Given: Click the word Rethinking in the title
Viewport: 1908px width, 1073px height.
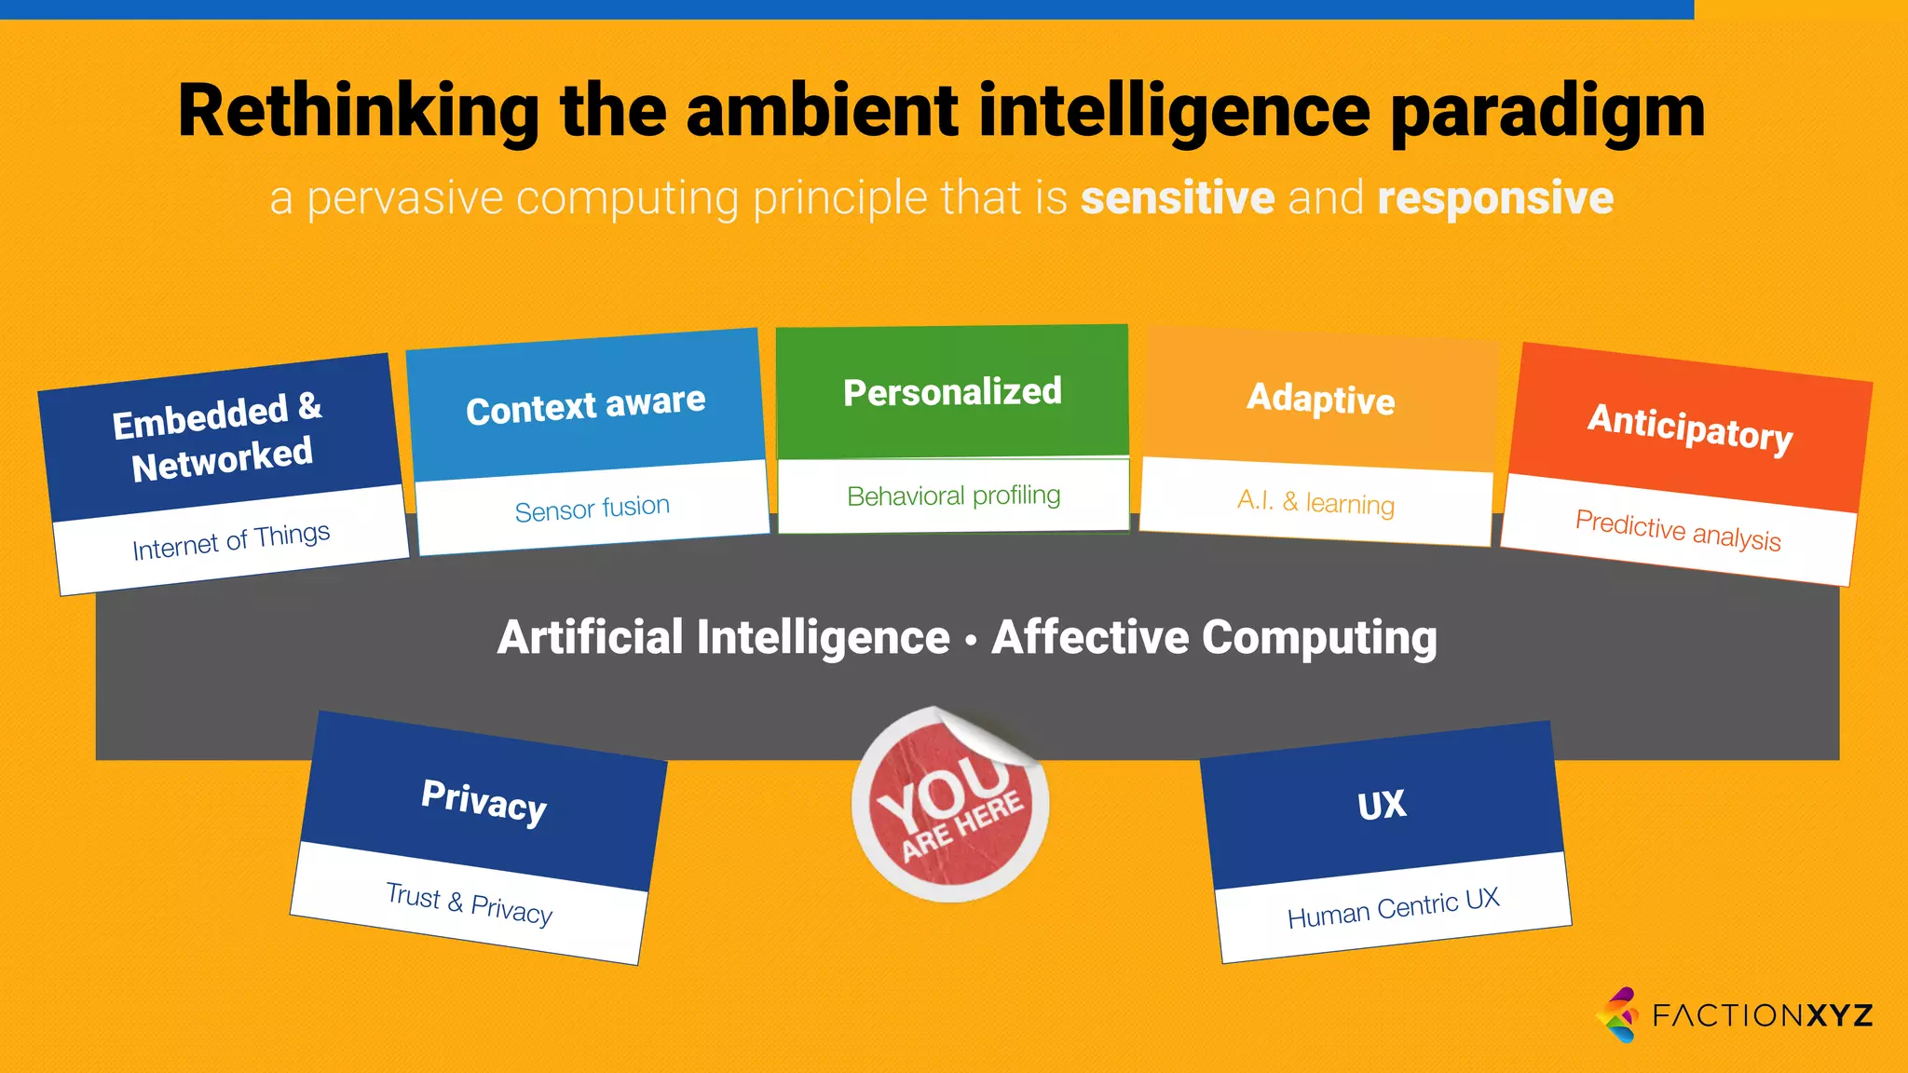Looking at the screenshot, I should click(359, 112).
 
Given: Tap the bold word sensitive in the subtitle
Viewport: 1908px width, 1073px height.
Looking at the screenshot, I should click(1177, 198).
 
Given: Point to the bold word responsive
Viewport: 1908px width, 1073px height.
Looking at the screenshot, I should click(1494, 198).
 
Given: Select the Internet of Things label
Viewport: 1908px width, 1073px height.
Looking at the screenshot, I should click(231, 541).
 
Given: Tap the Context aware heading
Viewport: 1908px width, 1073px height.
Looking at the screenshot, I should click(585, 406).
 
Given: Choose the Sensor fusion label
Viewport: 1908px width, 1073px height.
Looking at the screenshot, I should click(593, 509).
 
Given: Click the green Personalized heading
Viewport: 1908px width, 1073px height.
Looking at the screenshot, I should click(952, 392).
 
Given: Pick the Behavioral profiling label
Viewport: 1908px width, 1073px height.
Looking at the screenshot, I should click(953, 496).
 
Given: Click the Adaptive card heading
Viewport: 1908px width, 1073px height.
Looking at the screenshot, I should click(1320, 399).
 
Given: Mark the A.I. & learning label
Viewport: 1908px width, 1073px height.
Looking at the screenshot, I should click(1315, 503).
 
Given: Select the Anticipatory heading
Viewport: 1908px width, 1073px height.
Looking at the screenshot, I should click(1689, 428).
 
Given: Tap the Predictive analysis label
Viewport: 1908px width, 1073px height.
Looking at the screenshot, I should click(1677, 530).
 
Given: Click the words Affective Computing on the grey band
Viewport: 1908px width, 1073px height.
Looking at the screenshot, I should click(1214, 638).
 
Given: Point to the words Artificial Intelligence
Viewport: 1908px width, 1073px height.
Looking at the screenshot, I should click(723, 638).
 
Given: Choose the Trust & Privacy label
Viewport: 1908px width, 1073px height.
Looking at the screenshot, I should click(469, 903).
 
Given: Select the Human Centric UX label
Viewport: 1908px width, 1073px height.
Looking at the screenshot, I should click(1393, 908).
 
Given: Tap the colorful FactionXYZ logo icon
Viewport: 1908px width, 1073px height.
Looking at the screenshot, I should click(1618, 1014).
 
